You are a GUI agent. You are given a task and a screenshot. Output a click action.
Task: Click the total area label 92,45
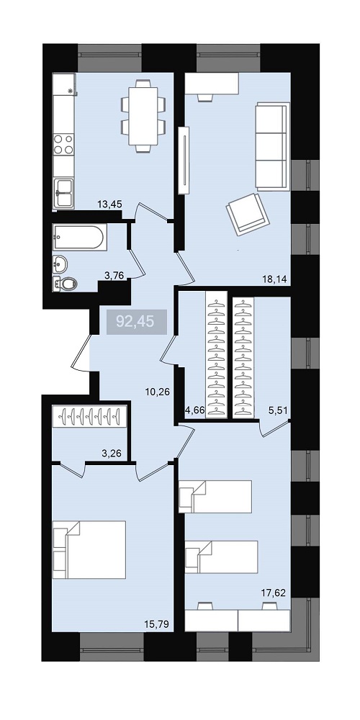135,321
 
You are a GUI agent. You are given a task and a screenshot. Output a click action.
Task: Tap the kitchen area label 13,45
109,204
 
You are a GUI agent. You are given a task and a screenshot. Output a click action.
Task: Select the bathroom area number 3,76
115,276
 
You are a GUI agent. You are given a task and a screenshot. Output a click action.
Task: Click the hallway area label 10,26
158,392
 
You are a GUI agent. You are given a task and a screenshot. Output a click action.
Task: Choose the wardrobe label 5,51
278,411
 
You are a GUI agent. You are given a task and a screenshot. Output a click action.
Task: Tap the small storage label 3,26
112,454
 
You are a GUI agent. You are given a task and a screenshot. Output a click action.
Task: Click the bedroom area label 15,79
157,624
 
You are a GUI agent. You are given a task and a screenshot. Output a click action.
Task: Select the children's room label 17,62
274,593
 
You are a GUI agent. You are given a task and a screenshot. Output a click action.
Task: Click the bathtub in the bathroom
80,238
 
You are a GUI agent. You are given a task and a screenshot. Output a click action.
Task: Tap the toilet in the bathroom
64,284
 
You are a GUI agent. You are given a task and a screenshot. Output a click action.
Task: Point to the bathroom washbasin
60,264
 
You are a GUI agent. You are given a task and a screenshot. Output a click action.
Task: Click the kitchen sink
63,193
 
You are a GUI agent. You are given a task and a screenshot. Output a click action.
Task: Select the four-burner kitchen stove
63,144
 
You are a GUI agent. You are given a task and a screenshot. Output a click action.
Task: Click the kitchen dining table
143,116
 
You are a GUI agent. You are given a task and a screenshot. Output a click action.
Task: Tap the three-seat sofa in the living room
272,146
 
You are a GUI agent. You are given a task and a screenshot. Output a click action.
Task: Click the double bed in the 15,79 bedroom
89,549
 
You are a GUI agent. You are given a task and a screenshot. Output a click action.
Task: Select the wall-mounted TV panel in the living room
184,161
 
